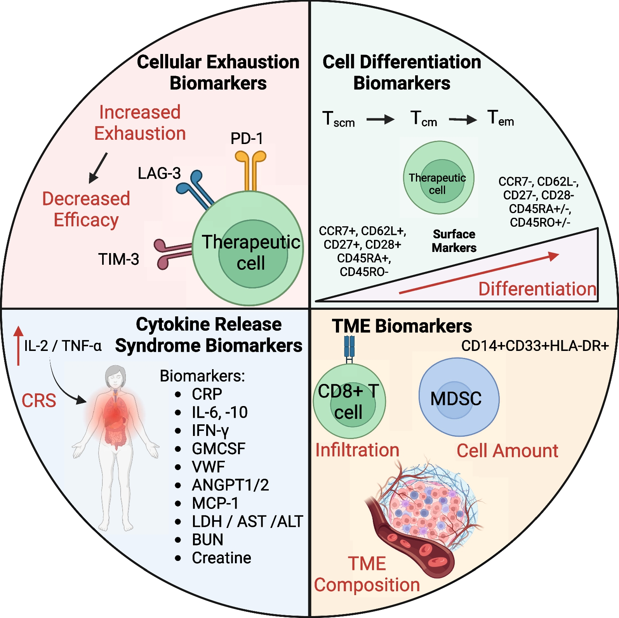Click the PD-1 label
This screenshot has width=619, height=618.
pos(247,139)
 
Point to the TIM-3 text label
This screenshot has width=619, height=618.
pos(118,259)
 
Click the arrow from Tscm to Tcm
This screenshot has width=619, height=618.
pos(380,119)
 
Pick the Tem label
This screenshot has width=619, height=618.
pos(501,118)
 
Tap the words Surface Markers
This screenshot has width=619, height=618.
pos(454,241)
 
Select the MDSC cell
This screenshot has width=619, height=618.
pos(459,398)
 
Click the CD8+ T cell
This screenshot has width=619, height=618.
pos(349,401)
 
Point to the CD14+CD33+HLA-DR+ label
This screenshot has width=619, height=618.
pos(535,345)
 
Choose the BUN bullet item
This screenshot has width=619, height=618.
pos(207,540)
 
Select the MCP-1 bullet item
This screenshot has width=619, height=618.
pos(215,503)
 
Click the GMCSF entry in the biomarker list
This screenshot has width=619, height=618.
pos(218,449)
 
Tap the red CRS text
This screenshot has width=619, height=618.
pos(39,401)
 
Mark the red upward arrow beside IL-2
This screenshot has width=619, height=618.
pos(18,345)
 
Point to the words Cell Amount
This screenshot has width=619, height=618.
pos(507,451)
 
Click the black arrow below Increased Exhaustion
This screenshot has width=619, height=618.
pos(98,168)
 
